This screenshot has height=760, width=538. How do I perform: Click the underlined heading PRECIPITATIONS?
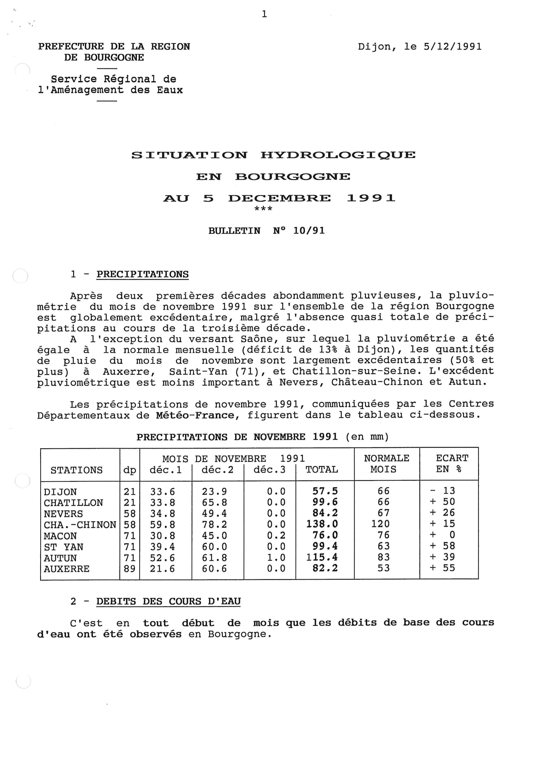[x=143, y=274]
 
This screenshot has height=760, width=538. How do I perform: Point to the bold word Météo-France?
[x=195, y=415]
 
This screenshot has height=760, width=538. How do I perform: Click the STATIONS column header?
[x=77, y=470]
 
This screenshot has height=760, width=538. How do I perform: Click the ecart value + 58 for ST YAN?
[x=443, y=546]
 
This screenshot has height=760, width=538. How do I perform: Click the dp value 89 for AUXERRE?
[x=130, y=569]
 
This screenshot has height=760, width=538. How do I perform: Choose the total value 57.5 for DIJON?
[x=325, y=491]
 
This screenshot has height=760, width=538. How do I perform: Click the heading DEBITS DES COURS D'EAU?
[x=168, y=601]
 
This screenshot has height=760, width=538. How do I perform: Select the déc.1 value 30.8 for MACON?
[x=162, y=535]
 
